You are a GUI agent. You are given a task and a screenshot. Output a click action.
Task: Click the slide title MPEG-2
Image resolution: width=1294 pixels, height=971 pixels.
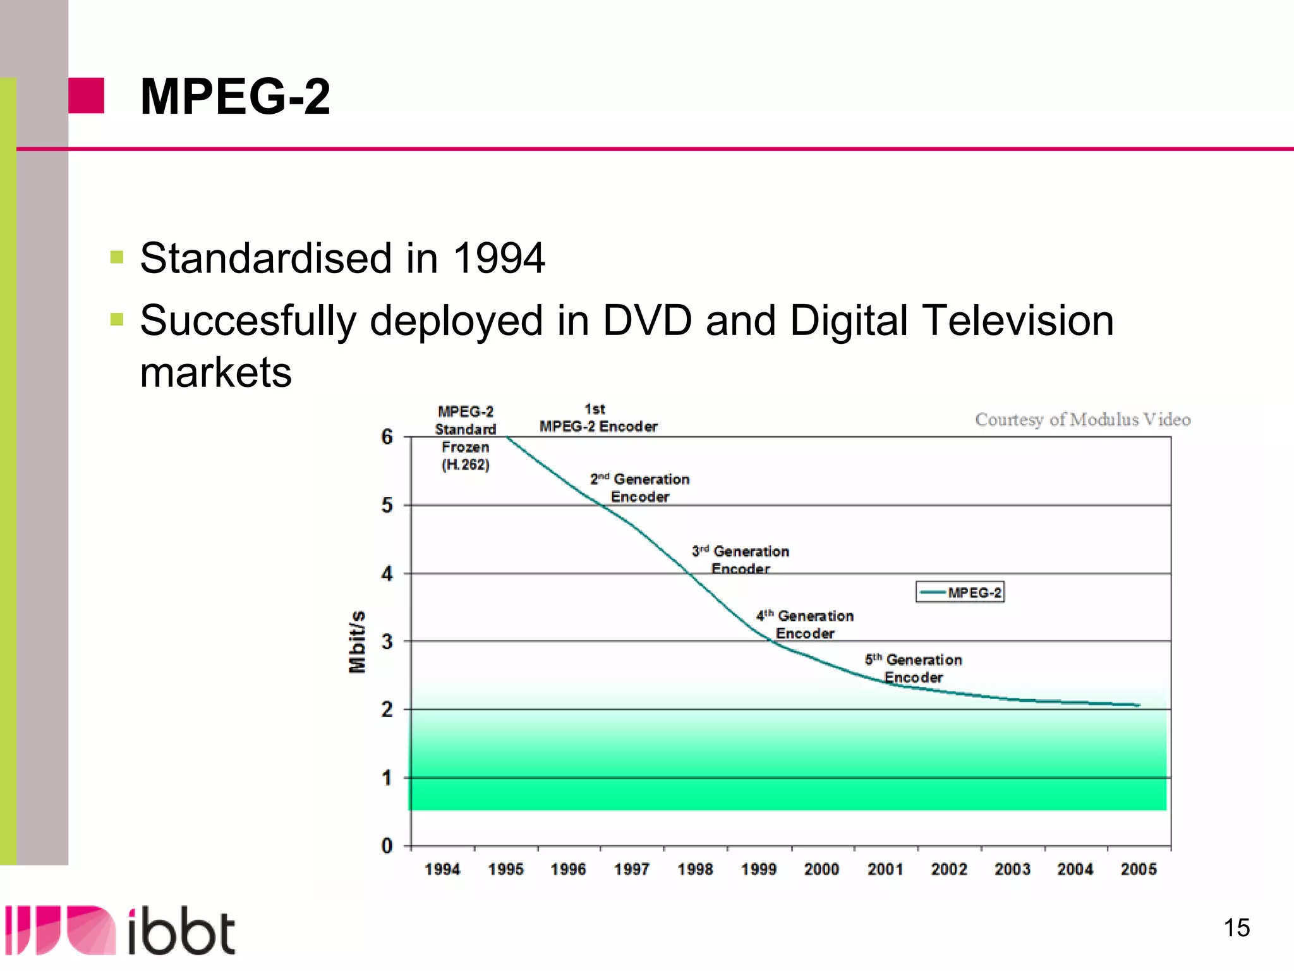tap(235, 97)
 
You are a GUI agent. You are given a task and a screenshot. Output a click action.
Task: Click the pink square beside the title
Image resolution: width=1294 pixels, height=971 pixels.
tap(87, 95)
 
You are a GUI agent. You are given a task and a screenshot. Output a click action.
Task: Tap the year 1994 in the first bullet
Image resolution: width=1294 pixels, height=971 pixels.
tap(499, 259)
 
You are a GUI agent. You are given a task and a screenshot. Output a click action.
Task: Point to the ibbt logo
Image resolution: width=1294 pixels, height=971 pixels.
tap(120, 931)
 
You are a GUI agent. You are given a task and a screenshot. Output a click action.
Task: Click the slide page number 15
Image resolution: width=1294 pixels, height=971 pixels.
tap(1237, 928)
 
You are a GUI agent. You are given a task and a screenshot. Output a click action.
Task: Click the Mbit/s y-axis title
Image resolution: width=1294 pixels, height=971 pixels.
tap(358, 642)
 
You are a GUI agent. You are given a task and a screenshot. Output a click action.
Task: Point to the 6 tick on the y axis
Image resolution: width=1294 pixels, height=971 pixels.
tap(387, 437)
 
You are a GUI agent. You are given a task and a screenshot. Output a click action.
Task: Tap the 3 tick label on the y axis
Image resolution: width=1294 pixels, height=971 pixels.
tap(387, 642)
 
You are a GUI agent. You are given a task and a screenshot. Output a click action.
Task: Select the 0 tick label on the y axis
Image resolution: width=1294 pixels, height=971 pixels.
tap(387, 846)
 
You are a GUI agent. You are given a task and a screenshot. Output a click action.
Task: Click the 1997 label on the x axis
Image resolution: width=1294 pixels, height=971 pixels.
tap(632, 869)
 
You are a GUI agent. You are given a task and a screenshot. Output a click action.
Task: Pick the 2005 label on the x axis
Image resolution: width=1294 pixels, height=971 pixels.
tap(1139, 869)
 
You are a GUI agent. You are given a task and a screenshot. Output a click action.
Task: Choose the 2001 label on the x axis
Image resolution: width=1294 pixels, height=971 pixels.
tap(885, 869)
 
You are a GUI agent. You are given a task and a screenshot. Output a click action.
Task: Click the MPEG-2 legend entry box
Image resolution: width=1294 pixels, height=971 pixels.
tap(960, 592)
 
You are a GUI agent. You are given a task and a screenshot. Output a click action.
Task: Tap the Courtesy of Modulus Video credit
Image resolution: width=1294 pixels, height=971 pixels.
tap(1082, 420)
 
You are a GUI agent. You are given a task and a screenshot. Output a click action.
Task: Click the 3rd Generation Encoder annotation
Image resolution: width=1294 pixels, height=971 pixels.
tap(741, 559)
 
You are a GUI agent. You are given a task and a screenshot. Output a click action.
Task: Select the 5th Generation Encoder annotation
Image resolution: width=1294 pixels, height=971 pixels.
tap(914, 668)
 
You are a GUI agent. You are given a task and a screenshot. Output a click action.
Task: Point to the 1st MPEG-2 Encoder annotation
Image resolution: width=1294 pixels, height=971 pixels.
tap(598, 418)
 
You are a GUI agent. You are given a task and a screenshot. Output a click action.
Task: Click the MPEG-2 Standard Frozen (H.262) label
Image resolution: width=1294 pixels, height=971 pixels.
tap(466, 438)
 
